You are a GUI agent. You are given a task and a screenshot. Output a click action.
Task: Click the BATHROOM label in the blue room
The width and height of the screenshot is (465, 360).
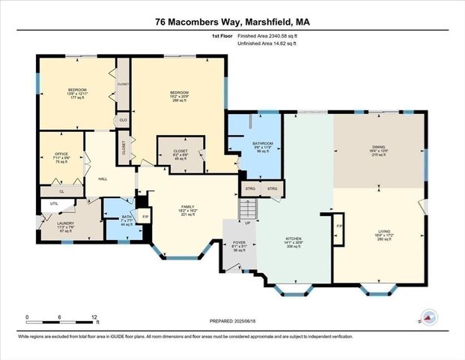coord(262,143)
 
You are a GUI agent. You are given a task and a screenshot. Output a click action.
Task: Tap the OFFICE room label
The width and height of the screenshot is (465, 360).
coord(61,154)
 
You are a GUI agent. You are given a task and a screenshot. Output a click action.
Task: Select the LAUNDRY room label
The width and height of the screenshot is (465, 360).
coord(65,223)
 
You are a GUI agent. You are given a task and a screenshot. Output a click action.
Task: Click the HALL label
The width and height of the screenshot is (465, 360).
coord(103,179)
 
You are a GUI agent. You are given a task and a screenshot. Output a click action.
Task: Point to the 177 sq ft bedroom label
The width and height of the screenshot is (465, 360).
coord(78,90)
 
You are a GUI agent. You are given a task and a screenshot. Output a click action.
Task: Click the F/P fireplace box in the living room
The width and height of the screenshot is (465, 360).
coord(339,226)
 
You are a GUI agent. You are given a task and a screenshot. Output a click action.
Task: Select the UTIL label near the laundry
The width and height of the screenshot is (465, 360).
coord(54,203)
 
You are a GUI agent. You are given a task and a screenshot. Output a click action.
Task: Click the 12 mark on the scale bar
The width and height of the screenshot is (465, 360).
coord(94,317)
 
